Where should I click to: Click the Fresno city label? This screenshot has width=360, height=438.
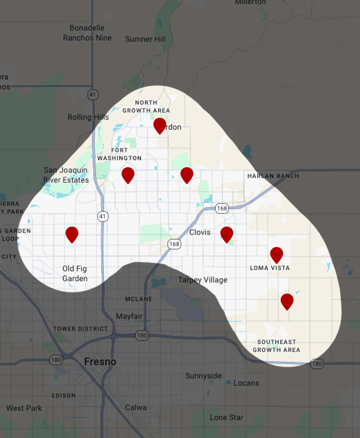100,362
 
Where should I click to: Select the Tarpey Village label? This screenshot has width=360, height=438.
202,280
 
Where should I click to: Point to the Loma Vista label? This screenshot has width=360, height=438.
270,268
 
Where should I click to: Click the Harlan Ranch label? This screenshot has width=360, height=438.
273,176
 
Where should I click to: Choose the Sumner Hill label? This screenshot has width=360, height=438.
145,39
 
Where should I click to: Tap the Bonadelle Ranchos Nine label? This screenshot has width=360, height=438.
87,33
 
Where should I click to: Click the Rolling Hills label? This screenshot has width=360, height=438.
88,117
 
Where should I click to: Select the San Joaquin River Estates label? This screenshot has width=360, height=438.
66,175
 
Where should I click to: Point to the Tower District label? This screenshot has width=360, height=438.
80,328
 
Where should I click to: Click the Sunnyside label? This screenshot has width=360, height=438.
203,376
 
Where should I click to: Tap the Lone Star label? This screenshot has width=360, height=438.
227,418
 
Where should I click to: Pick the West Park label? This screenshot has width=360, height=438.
24,408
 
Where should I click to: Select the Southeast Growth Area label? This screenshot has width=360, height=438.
276,346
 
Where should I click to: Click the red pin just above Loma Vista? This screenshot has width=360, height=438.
277,255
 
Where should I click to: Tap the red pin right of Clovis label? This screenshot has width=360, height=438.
227,234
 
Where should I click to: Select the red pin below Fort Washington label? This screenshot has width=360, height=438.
128,175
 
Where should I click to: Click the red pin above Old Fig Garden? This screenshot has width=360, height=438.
72,234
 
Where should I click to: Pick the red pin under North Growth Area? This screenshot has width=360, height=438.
160,125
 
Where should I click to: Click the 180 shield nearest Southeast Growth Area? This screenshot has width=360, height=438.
317,363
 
